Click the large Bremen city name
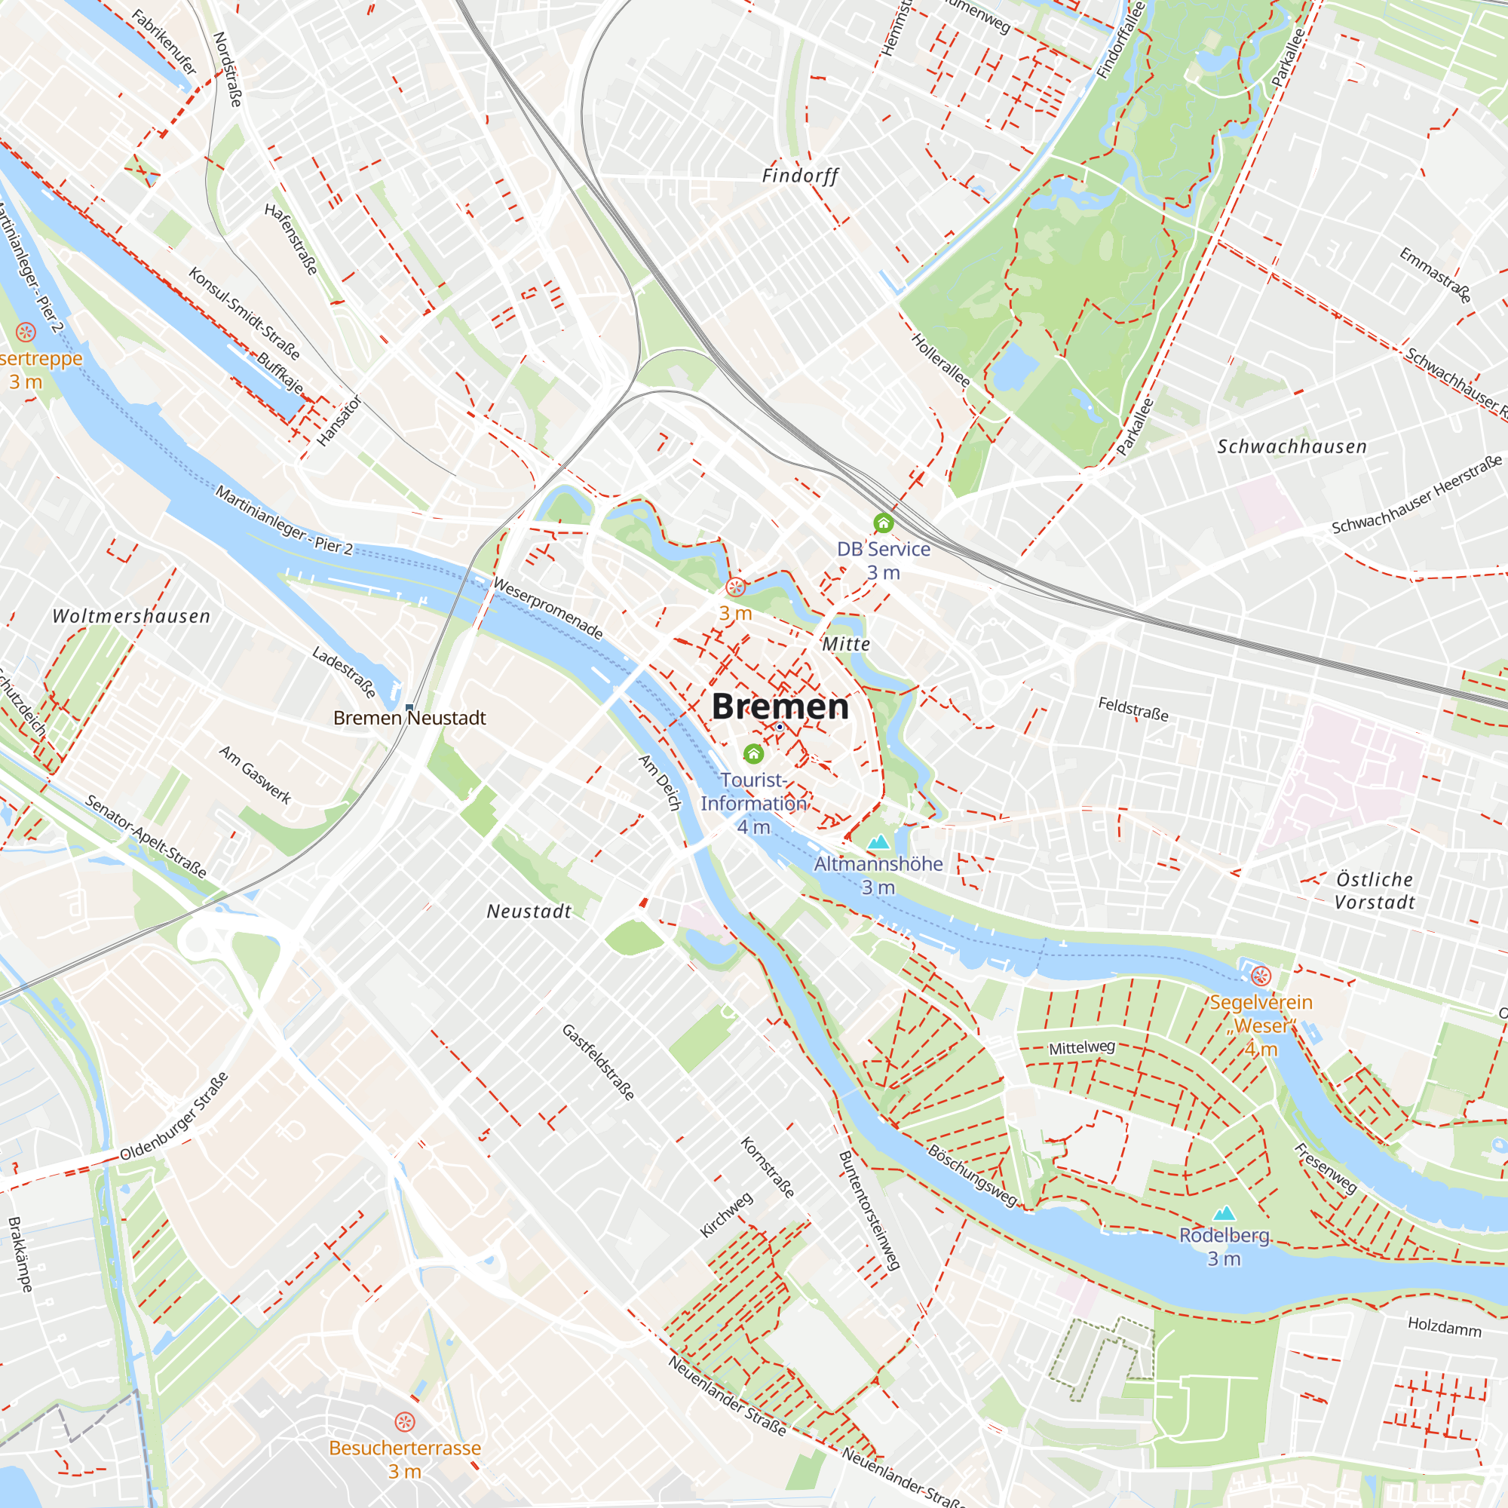click(x=780, y=706)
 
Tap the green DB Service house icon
click(x=883, y=523)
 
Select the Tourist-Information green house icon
click(x=753, y=753)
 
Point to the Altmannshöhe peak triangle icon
click(x=879, y=841)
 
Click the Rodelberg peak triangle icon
click(x=1224, y=1213)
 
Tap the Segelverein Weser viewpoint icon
click(x=1261, y=976)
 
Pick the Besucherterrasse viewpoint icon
click(x=404, y=1421)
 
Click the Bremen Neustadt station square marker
click(x=409, y=708)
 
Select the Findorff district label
click(x=800, y=176)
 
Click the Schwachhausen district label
click(x=1292, y=446)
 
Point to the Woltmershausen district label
click(x=131, y=616)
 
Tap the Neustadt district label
click(x=529, y=911)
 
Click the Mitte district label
click(x=846, y=644)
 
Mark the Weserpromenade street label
click(x=548, y=608)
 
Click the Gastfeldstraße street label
click(x=598, y=1062)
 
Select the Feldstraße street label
click(x=1133, y=709)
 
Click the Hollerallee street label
click(x=941, y=360)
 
